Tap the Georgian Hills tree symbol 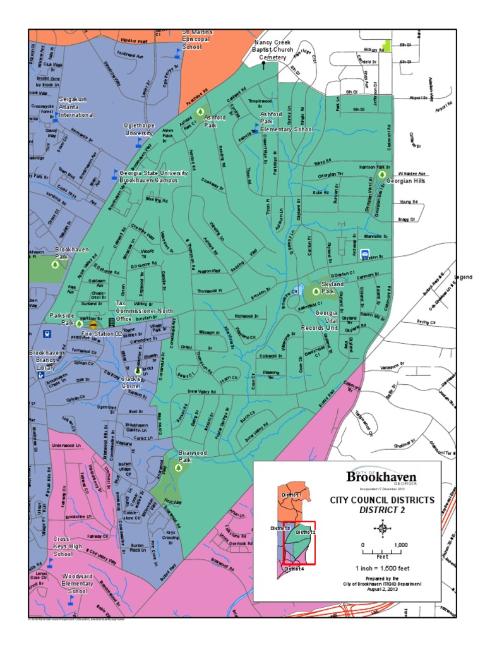pos(381,174)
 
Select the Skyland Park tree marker pos(315,292)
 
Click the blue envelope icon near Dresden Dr pos(364,254)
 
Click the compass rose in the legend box pos(382,527)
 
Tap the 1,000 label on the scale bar pos(400,545)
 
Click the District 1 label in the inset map pos(291,494)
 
